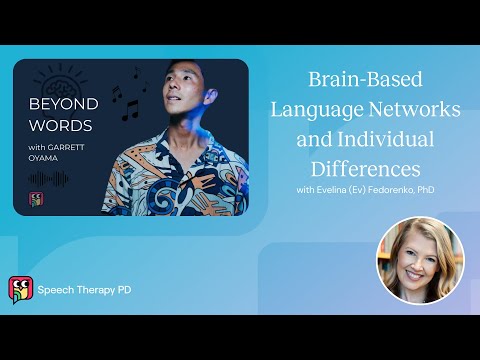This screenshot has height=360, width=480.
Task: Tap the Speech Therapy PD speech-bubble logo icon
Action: pos(19,289)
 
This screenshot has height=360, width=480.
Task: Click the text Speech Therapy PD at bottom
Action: pos(84,290)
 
